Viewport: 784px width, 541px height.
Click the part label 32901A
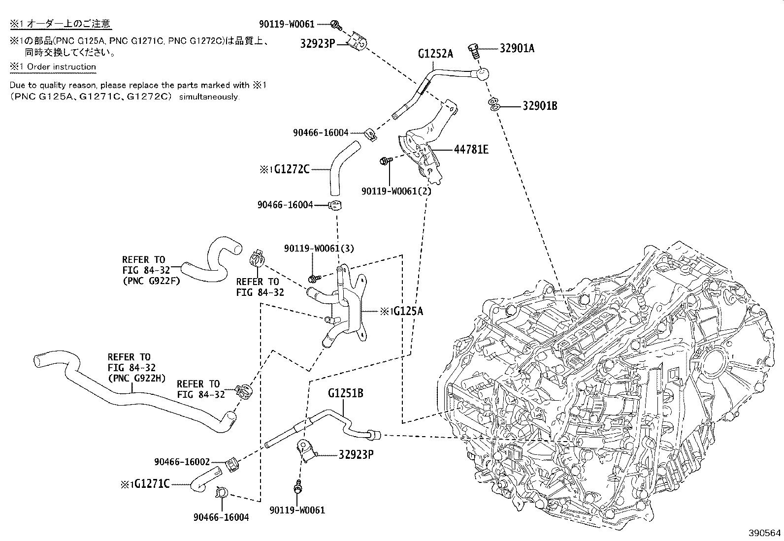(x=517, y=48)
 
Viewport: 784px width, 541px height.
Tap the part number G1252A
(x=435, y=54)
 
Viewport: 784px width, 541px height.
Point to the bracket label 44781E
(x=471, y=149)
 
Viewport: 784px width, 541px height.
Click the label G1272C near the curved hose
(x=292, y=169)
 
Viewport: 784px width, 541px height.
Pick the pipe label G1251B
(x=346, y=393)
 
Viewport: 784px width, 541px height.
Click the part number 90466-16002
(x=182, y=462)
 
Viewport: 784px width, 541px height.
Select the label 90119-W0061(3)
(x=319, y=249)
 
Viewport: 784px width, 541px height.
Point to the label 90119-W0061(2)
(x=396, y=191)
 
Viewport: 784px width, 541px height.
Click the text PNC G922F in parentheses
(x=151, y=281)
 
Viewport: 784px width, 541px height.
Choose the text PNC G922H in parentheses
(x=136, y=378)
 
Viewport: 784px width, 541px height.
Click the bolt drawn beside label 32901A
(x=475, y=50)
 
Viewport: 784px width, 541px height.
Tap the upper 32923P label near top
(x=318, y=43)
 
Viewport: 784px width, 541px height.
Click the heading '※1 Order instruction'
(x=53, y=66)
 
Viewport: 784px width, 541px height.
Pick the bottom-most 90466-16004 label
(x=221, y=517)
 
